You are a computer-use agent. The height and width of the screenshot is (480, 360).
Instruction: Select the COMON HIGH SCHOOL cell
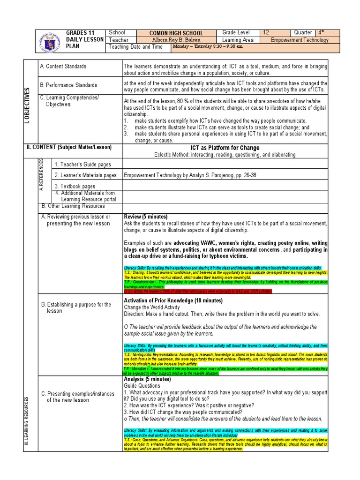(176, 33)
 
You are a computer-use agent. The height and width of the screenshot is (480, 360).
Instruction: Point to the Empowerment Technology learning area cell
(300, 40)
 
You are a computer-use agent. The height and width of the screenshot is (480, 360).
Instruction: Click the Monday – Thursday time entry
(208, 47)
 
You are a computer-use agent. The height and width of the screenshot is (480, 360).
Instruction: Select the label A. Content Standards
(63, 67)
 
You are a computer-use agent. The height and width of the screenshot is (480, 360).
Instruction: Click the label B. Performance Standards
(68, 85)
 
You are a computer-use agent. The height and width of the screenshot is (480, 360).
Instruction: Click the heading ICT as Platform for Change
(225, 148)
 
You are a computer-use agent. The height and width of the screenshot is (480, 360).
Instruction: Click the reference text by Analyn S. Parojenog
(190, 175)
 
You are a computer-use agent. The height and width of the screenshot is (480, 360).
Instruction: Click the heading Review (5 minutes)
(145, 217)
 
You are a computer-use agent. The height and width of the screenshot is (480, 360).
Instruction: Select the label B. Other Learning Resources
(74, 206)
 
